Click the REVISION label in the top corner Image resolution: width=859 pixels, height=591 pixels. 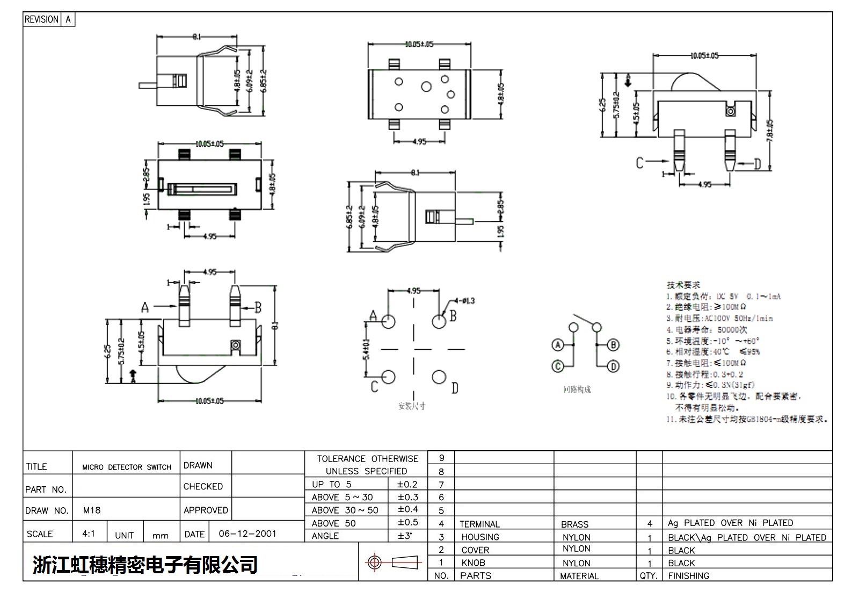(41, 19)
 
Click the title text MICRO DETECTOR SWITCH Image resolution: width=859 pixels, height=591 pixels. (127, 467)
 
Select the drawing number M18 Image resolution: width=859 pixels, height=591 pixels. (92, 510)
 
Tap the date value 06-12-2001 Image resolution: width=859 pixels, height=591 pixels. (247, 534)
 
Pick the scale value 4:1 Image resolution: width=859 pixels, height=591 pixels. (89, 534)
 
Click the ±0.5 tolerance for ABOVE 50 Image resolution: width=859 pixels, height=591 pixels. (407, 522)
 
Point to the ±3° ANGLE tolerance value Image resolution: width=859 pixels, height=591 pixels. (405, 536)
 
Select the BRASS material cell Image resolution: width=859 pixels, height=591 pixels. (574, 524)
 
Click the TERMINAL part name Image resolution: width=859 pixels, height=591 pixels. (479, 524)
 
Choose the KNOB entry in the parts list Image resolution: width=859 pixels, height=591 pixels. (473, 563)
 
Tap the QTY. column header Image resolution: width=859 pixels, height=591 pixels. (649, 575)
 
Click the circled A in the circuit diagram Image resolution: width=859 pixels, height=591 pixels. (558, 345)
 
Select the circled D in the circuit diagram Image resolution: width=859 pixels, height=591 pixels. (613, 366)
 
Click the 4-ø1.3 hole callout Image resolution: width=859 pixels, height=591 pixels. (465, 301)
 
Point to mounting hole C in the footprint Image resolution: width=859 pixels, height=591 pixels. (388, 377)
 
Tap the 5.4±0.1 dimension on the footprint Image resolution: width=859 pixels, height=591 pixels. (366, 349)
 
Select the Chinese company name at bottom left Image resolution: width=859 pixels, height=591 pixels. (145, 565)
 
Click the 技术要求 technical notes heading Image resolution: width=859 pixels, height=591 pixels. (683, 285)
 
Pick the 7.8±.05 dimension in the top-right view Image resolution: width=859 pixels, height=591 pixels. (770, 130)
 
